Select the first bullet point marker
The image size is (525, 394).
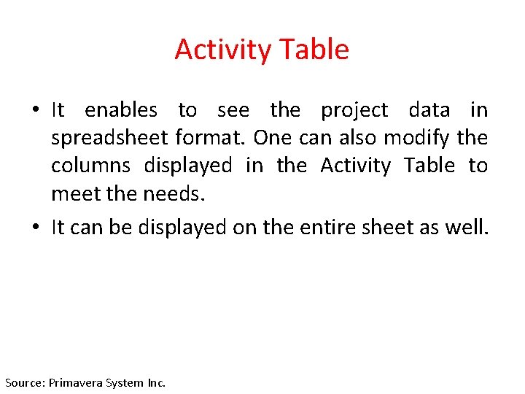pyautogui.click(x=35, y=111)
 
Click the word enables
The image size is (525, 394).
pyautogui.click(x=121, y=110)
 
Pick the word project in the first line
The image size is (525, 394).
pyautogui.click(x=354, y=111)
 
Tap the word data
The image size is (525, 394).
pyautogui.click(x=429, y=110)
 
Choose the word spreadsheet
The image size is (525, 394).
pyautogui.click(x=110, y=139)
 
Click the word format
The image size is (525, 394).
pyautogui.click(x=211, y=138)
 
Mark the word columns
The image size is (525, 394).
pyautogui.click(x=90, y=166)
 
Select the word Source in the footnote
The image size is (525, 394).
pyautogui.click(x=24, y=382)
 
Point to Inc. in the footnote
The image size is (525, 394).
pyautogui.click(x=157, y=382)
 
